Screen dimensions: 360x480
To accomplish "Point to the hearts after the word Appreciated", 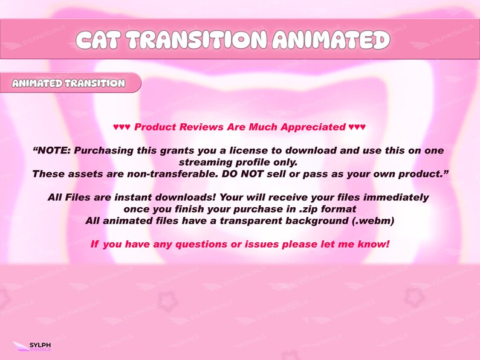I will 357,127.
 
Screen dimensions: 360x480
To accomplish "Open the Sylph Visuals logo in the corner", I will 33,347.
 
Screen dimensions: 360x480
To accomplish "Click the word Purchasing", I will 106,150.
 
